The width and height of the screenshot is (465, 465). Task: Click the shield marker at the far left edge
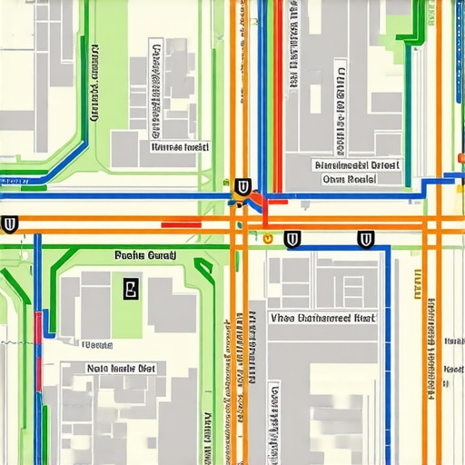pyautogui.click(x=10, y=223)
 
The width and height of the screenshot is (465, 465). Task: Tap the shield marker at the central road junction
pyautogui.click(x=242, y=188)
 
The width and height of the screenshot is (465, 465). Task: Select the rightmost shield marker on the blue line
pyautogui.click(x=366, y=240)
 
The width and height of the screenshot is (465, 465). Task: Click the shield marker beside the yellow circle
pyautogui.click(x=292, y=240)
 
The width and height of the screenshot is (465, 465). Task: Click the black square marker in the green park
pyautogui.click(x=130, y=290)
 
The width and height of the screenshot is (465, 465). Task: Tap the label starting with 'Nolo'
pyautogui.click(x=122, y=368)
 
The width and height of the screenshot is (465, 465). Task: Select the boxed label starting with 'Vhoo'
pyautogui.click(x=322, y=318)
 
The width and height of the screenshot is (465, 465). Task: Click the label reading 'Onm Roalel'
pyautogui.click(x=349, y=180)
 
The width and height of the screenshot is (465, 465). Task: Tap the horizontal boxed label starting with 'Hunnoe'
pyautogui.click(x=180, y=145)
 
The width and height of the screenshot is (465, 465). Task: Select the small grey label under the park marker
pyautogui.click(x=98, y=345)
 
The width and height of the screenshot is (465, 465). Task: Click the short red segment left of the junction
pyautogui.click(x=181, y=224)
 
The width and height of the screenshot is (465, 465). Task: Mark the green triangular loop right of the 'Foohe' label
pyautogui.click(x=205, y=267)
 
